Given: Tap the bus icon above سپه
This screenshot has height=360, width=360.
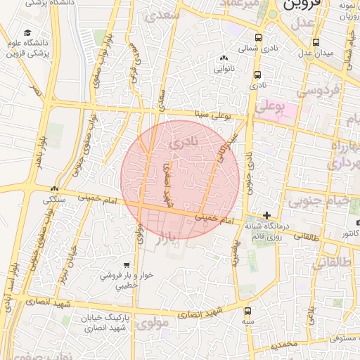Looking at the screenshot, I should tap(247, 310).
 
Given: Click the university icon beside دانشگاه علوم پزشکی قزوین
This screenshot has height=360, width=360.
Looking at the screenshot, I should tap(27, 33).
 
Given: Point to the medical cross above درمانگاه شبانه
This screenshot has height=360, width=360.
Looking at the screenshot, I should tap(266, 215).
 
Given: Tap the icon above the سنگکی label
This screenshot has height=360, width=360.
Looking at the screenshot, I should tap(54, 188).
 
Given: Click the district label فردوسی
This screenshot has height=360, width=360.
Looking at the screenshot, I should tap(317, 91).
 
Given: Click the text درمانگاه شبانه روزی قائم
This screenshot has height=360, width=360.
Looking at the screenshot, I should tap(266, 231).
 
